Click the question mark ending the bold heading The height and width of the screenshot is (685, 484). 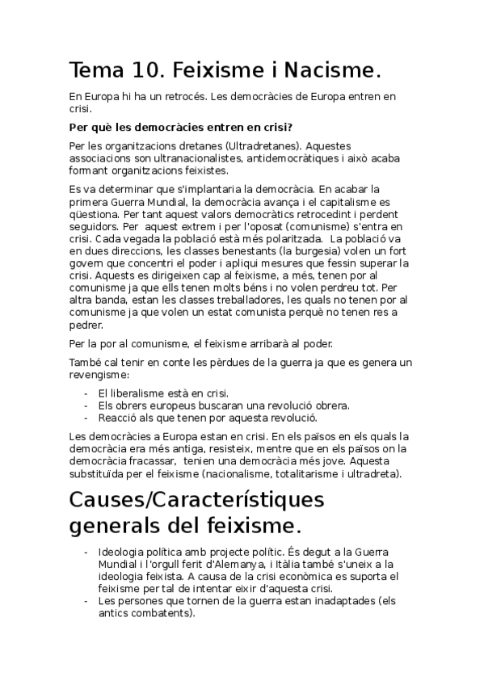click(289, 128)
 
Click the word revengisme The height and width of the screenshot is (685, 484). click(100, 375)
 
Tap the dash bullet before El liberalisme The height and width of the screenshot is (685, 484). click(86, 393)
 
